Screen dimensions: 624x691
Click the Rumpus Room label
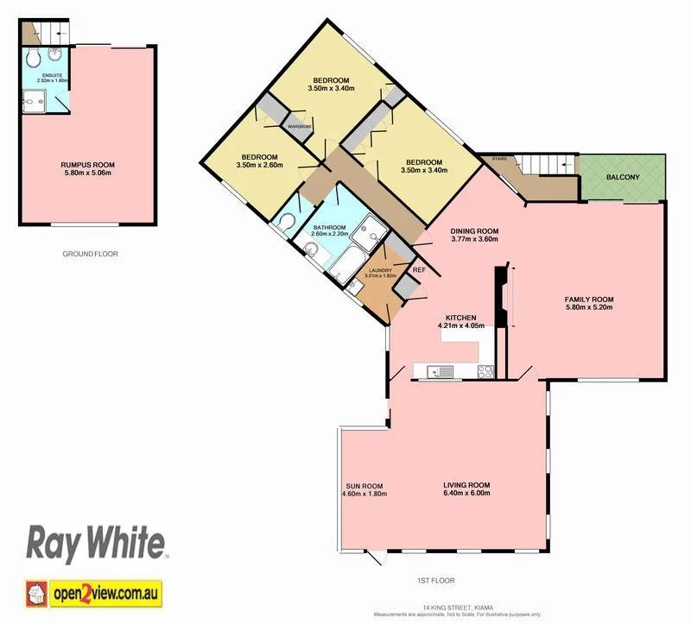click(87, 164)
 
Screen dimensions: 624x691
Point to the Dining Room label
click(475, 230)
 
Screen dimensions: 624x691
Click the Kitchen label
click(461, 317)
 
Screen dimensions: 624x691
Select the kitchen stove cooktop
click(485, 372)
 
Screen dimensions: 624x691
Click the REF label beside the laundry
click(419, 270)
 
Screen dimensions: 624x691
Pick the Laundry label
click(381, 270)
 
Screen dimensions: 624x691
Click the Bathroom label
click(330, 228)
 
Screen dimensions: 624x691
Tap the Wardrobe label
click(300, 127)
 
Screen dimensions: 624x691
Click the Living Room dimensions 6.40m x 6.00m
click(466, 494)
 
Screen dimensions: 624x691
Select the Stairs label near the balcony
click(498, 160)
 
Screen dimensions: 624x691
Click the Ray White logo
click(96, 543)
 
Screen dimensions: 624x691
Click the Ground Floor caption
click(90, 254)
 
